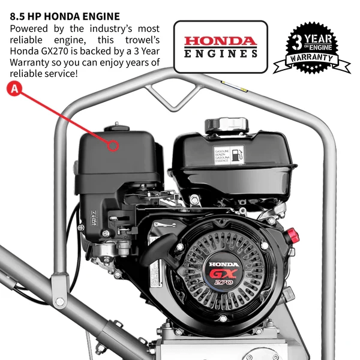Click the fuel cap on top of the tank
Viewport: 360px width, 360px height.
pos(226,125)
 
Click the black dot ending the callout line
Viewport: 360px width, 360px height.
pos(112,145)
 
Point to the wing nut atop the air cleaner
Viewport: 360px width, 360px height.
pos(112,127)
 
